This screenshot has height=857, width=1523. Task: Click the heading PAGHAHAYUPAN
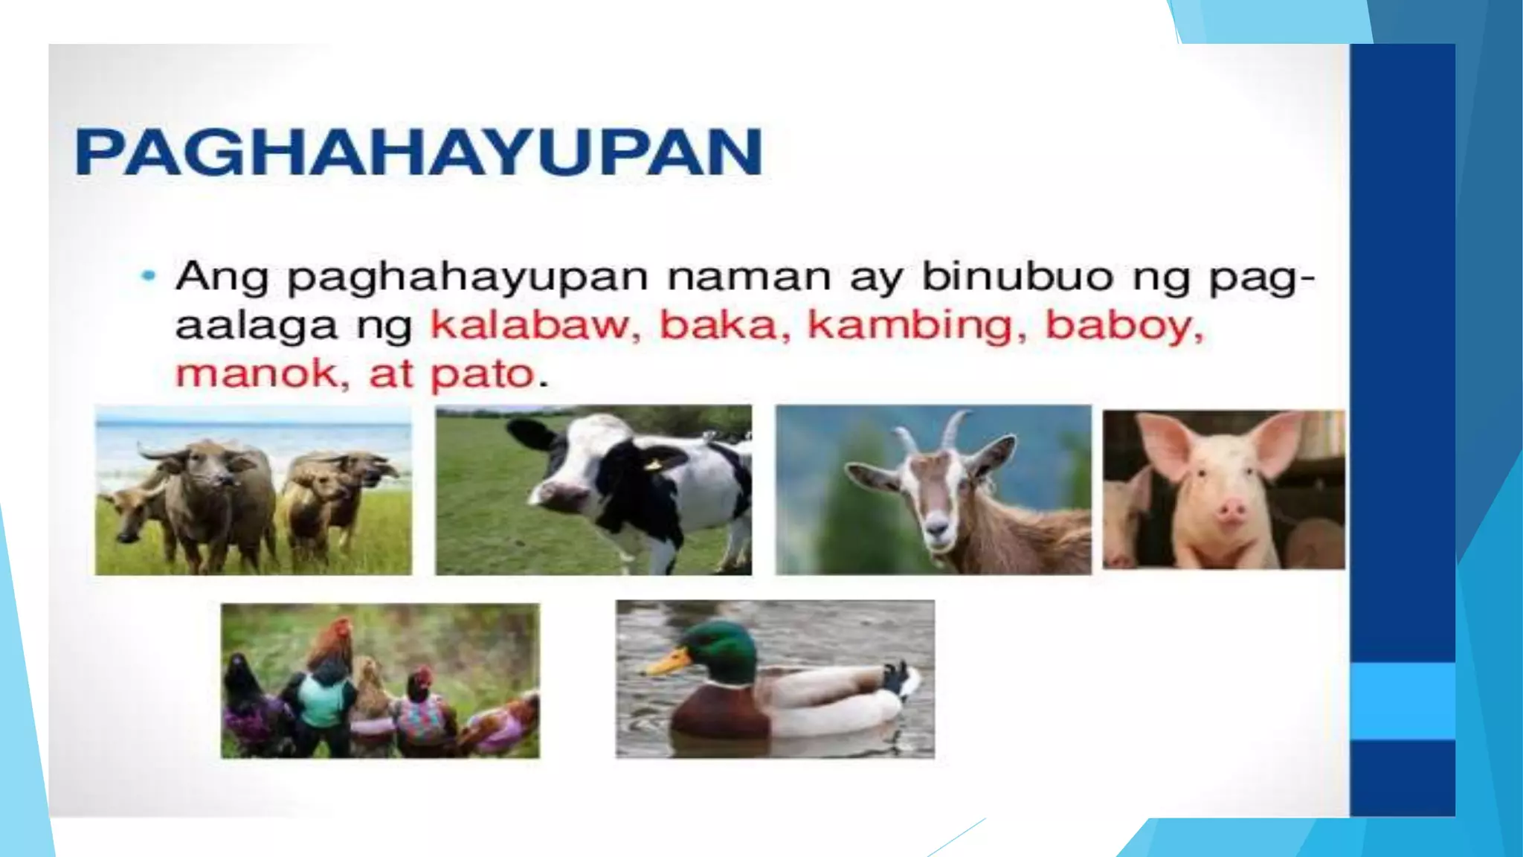(x=418, y=152)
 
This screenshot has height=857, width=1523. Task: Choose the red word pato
(x=483, y=373)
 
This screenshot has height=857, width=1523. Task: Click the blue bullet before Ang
(x=149, y=276)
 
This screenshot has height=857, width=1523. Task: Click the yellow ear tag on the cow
(x=654, y=465)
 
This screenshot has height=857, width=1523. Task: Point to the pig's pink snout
(x=1231, y=511)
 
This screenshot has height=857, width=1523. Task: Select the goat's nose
(x=938, y=530)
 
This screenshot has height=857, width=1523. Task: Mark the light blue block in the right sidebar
(x=1403, y=701)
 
